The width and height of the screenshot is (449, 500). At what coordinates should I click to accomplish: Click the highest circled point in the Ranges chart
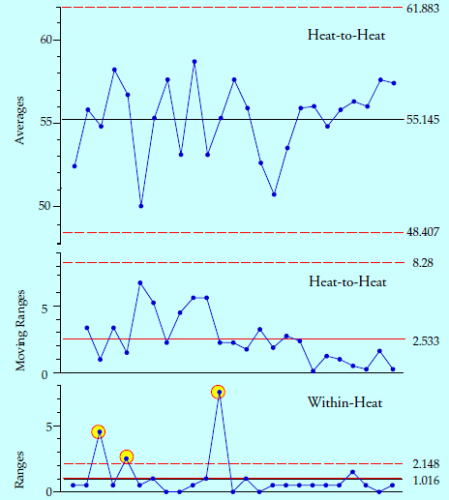click(219, 392)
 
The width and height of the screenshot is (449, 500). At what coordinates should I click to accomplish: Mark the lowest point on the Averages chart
click(141, 206)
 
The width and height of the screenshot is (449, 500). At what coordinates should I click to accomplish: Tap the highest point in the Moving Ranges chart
click(140, 282)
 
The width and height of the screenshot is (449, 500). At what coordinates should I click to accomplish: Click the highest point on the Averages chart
click(195, 61)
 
